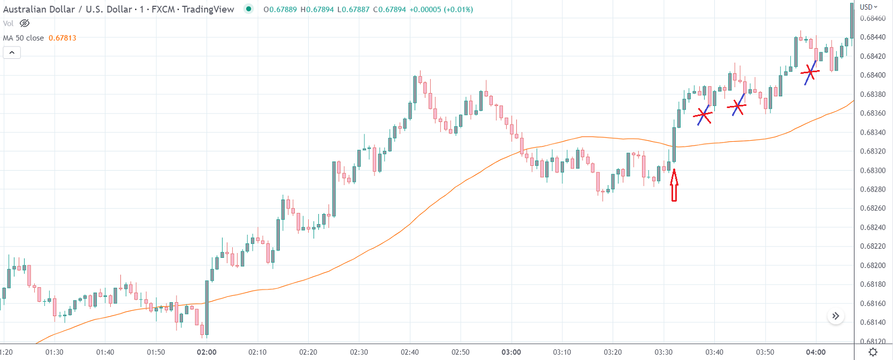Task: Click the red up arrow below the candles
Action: coord(674,185)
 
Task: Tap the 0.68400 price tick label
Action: coord(873,75)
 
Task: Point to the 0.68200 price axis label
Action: coord(873,265)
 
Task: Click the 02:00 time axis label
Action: coord(207,352)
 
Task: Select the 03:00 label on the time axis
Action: coord(511,352)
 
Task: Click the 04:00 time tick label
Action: coord(815,352)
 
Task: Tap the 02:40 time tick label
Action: coord(410,352)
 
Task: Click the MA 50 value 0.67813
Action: coord(62,38)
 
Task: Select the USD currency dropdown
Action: coord(868,7)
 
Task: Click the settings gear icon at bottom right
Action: coord(873,352)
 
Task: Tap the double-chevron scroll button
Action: coord(835,316)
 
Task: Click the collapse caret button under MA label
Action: coord(12,52)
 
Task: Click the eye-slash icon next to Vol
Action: coord(25,24)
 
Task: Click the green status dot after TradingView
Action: coord(249,9)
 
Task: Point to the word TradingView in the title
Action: coord(208,10)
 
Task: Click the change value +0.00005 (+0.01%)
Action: coord(441,10)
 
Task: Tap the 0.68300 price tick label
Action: coord(873,171)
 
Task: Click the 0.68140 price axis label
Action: coord(873,323)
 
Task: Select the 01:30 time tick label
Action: coord(54,352)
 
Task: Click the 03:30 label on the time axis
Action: coord(663,352)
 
